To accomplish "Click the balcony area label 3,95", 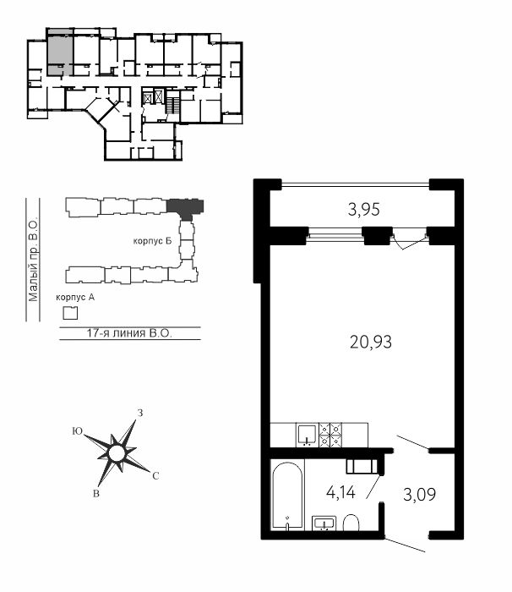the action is click(x=363, y=210).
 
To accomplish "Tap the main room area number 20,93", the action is click(x=371, y=343).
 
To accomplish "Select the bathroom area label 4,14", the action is click(x=340, y=493).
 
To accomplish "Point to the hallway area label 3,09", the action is click(x=419, y=494).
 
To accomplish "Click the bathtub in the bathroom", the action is click(x=287, y=495).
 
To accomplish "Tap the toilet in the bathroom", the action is click(x=351, y=522).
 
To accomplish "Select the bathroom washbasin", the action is click(x=324, y=523).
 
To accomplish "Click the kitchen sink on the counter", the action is click(x=308, y=435).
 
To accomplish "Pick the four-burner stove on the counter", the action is click(x=330, y=435).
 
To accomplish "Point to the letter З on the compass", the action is click(x=140, y=413).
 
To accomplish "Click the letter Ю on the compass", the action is click(x=78, y=431).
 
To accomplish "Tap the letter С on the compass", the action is click(x=155, y=476).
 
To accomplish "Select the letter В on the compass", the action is click(x=96, y=493).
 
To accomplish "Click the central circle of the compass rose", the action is click(x=117, y=453).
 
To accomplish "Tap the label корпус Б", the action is click(x=152, y=241).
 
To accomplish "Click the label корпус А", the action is click(x=75, y=298).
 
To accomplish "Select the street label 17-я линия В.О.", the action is click(x=129, y=333).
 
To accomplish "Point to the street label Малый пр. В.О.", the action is click(x=34, y=259).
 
